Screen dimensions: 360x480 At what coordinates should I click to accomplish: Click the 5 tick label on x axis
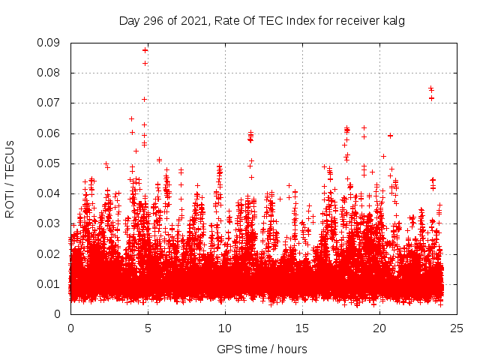[148, 328]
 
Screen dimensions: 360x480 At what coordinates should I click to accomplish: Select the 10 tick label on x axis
[225, 328]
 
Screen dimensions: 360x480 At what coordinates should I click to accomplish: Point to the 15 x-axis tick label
[302, 328]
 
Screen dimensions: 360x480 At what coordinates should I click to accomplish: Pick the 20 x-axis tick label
[379, 328]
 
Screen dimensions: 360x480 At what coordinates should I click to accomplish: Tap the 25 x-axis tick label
[457, 328]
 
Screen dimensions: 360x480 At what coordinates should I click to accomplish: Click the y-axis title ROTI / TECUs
[10, 178]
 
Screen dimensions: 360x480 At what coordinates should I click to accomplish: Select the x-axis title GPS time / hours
[262, 349]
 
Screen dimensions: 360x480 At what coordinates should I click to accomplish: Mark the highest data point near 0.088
[145, 49]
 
